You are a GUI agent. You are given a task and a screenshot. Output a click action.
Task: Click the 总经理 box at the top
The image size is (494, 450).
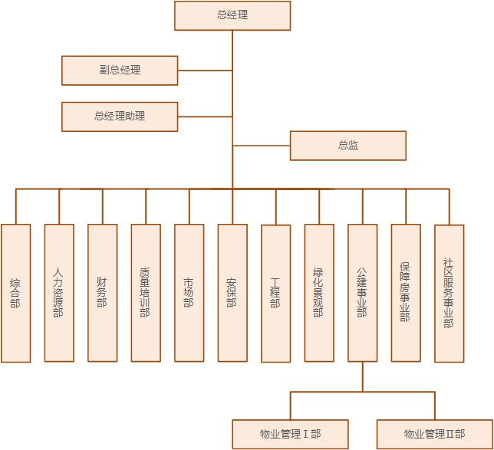232,15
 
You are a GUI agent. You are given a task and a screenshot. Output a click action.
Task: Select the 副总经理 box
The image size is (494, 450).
120,70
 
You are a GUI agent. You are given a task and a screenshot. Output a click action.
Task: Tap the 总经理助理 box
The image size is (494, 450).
120,117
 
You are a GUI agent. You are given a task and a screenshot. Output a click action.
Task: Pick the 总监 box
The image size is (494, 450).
347,146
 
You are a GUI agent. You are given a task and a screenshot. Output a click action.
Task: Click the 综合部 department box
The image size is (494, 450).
16,293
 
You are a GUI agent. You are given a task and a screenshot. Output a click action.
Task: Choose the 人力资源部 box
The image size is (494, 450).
59,293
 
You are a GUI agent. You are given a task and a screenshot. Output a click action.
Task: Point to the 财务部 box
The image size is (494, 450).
103,293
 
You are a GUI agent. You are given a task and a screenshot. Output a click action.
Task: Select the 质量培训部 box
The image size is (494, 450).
146,293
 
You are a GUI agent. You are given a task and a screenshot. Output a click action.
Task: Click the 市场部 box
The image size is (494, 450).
189,293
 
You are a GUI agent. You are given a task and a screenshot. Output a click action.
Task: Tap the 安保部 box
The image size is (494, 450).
232,293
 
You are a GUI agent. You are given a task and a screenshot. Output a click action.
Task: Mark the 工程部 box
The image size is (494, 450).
276,293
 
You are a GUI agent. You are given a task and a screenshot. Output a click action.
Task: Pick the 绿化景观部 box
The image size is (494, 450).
319,293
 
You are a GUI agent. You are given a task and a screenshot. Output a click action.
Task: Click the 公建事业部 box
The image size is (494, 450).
362,293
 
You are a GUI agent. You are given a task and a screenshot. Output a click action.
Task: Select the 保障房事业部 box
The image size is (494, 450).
406,293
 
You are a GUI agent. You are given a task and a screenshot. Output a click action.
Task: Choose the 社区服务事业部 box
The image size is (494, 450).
449,293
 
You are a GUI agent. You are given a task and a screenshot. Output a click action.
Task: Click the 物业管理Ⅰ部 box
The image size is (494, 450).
290,434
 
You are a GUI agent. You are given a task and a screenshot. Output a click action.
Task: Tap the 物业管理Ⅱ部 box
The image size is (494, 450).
435,434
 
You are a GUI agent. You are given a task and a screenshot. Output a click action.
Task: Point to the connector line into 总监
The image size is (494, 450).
261,146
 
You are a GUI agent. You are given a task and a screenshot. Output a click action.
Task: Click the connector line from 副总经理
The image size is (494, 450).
205,70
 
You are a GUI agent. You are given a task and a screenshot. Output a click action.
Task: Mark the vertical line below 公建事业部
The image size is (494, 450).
363,376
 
